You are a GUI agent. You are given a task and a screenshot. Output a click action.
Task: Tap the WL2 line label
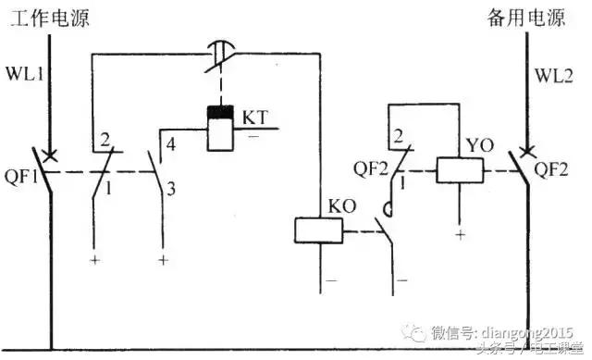click(x=551, y=71)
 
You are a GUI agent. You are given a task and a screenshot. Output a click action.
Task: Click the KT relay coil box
click(x=221, y=129)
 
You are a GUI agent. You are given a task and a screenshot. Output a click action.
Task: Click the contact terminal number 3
click(x=170, y=189)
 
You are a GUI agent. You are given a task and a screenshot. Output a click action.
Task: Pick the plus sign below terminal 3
click(x=163, y=261)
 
